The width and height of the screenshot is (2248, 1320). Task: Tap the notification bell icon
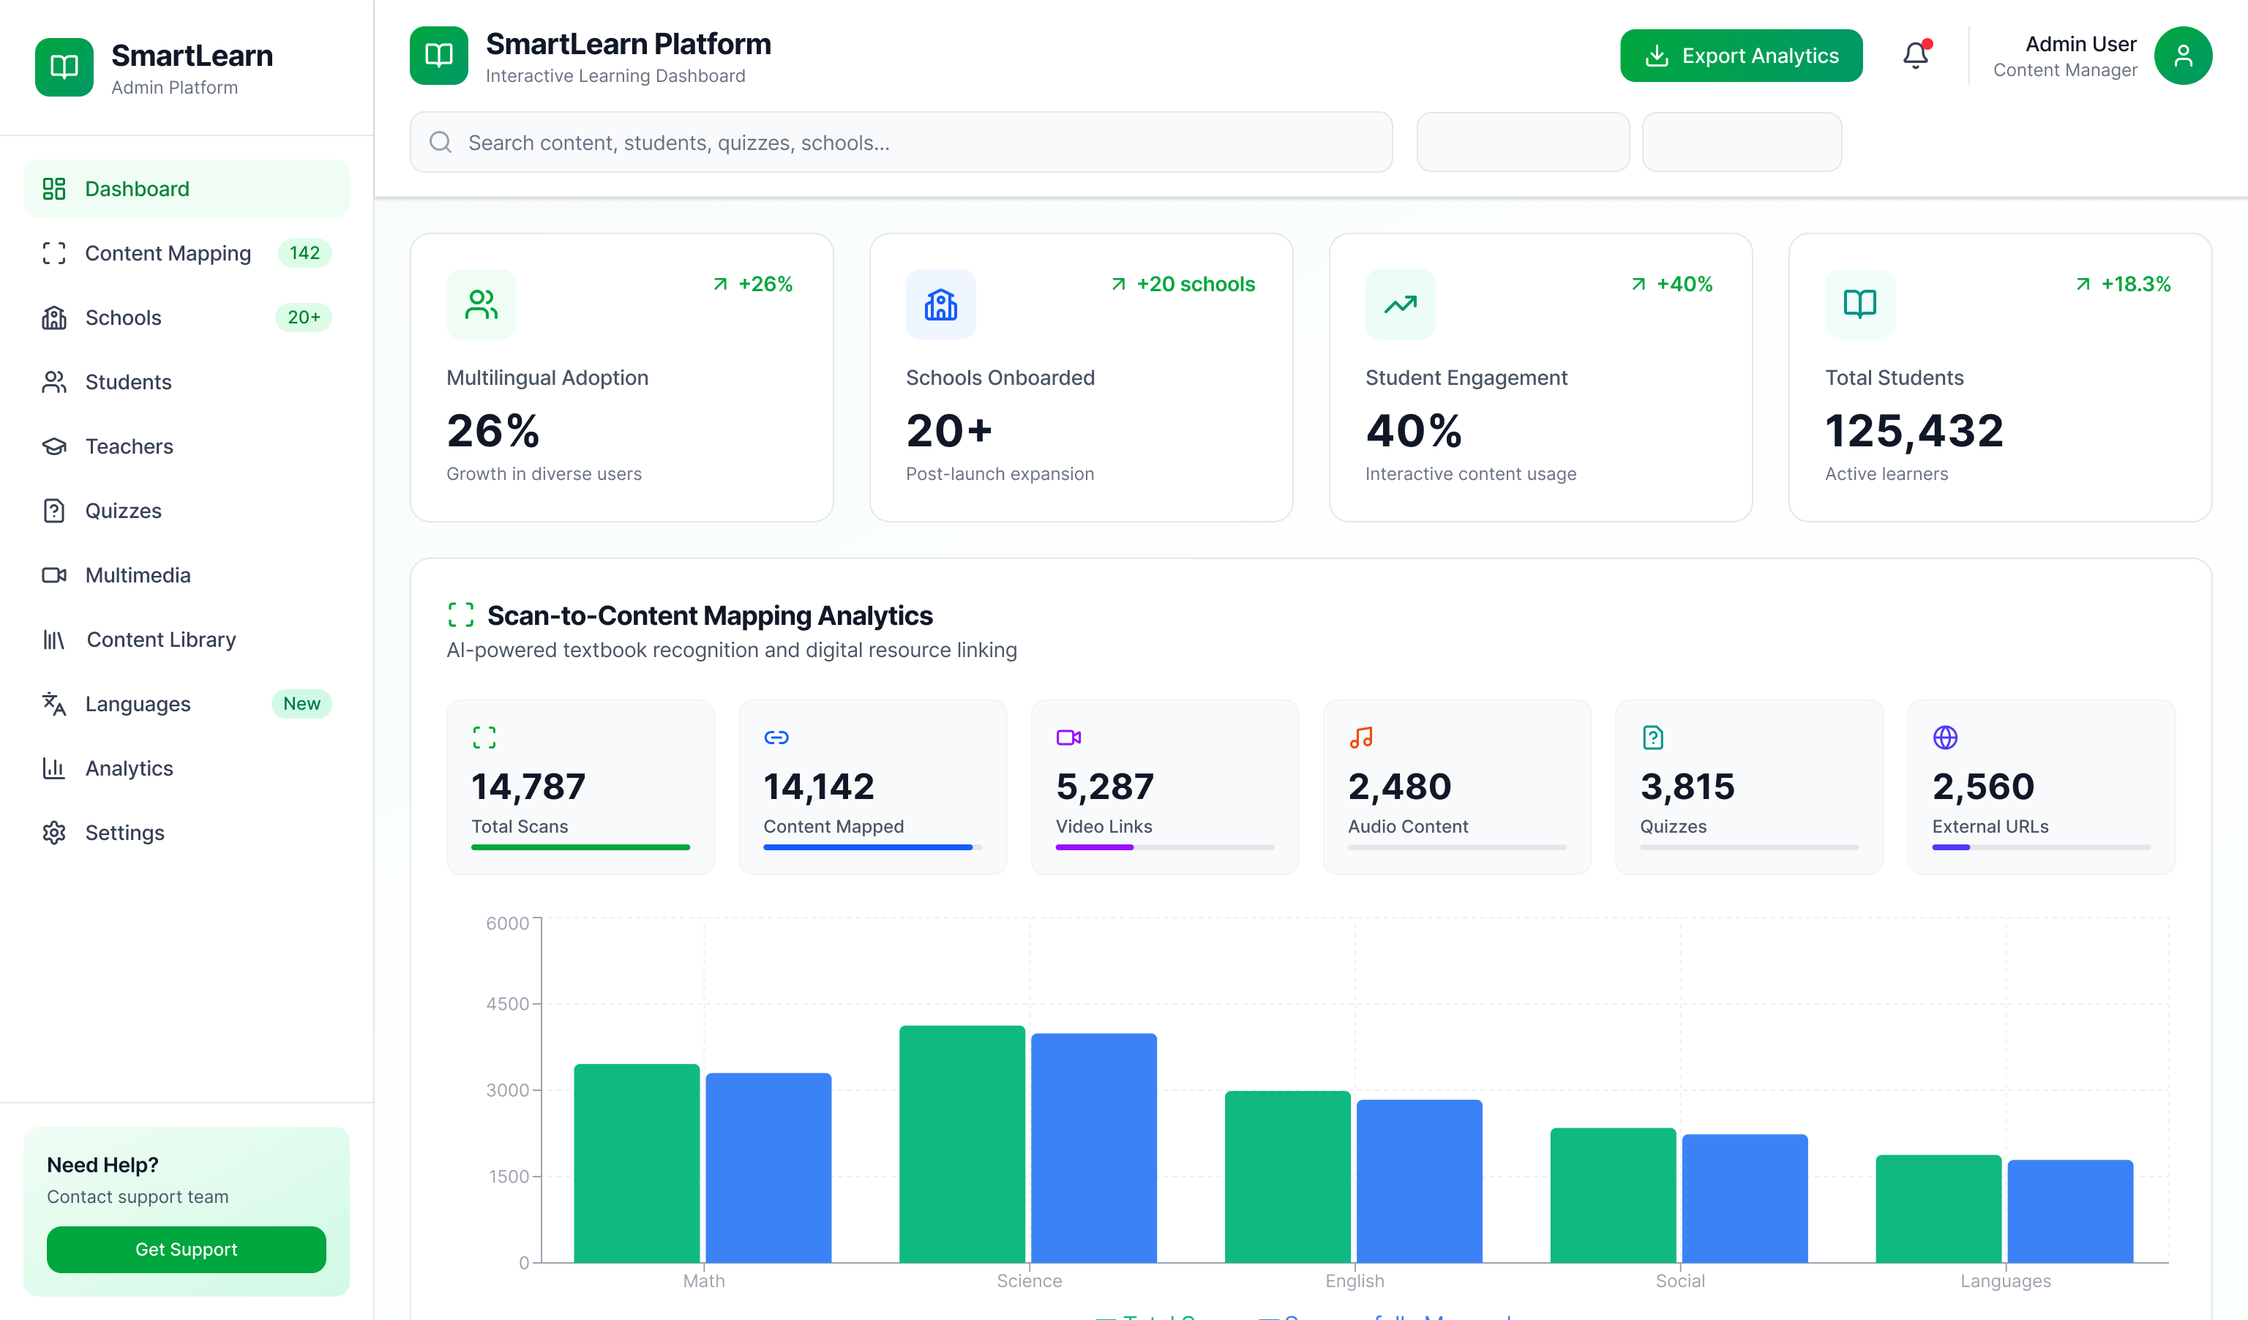click(x=1915, y=56)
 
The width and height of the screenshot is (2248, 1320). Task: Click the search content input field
click(x=901, y=143)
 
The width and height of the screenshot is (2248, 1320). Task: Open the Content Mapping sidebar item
click(x=168, y=253)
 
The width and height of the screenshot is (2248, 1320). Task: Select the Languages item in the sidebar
click(x=138, y=704)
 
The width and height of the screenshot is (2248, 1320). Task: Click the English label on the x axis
click(x=1355, y=1280)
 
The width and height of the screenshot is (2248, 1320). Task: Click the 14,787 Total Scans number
click(x=528, y=786)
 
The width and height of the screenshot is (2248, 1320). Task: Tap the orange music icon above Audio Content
click(x=1360, y=738)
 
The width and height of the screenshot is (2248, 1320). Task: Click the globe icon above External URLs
click(x=1945, y=738)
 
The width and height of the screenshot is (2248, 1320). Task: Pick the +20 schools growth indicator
click(x=1184, y=285)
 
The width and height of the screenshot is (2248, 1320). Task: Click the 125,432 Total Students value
click(x=1914, y=431)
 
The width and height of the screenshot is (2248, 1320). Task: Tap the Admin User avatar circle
click(x=2182, y=56)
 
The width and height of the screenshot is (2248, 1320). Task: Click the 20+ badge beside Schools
click(x=303, y=318)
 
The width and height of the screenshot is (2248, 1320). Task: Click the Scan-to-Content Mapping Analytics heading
click(x=709, y=615)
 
